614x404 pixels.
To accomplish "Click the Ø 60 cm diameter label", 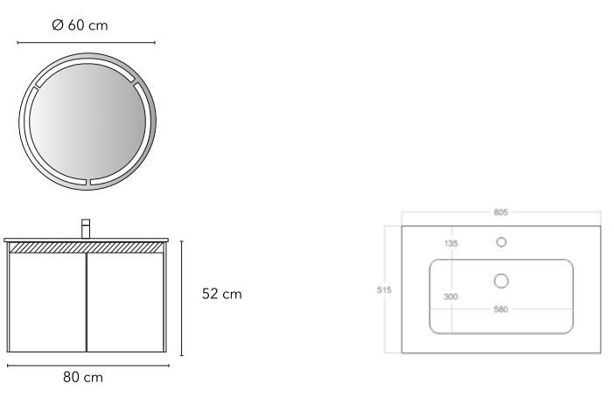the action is (x=80, y=25).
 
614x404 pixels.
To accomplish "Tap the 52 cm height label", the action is (x=222, y=294).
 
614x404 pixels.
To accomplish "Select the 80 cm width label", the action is (x=83, y=378).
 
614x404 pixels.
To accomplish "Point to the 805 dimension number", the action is (x=501, y=212).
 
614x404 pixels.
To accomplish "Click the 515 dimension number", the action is (x=384, y=290).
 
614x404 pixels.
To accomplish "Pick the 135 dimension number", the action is (x=450, y=243).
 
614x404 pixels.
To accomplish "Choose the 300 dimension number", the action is (x=450, y=296).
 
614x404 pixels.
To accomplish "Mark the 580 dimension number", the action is (x=501, y=310).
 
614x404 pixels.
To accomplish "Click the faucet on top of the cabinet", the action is (x=86, y=228).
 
